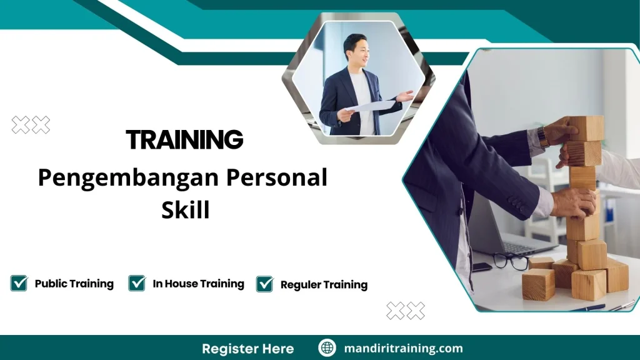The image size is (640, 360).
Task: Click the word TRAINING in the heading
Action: [x=184, y=139]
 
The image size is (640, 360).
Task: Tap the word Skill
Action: [x=185, y=210]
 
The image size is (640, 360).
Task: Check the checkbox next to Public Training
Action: [x=19, y=283]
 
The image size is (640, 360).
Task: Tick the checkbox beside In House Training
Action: [x=137, y=283]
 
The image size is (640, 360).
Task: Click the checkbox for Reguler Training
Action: [x=265, y=284]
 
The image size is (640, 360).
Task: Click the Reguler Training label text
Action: [x=324, y=285]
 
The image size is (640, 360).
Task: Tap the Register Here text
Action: [x=247, y=348]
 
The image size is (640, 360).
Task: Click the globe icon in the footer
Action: [x=327, y=348]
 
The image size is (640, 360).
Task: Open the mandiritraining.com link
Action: [x=403, y=348]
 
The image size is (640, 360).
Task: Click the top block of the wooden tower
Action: [x=586, y=128]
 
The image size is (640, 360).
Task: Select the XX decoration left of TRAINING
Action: [x=31, y=126]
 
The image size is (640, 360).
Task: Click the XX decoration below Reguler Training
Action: [x=405, y=311]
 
